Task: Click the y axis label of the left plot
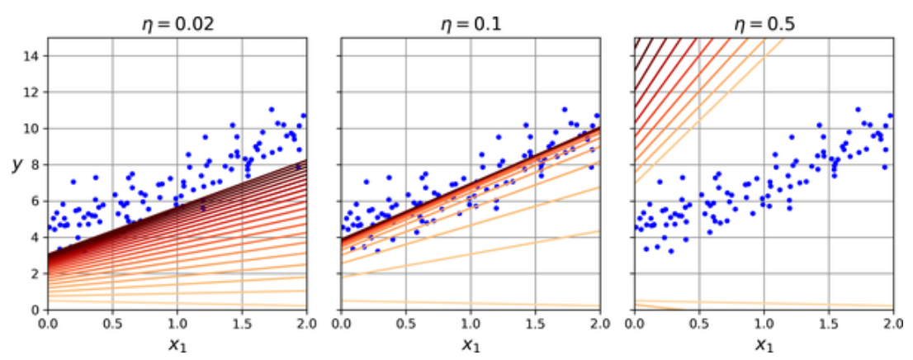tap(17, 164)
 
